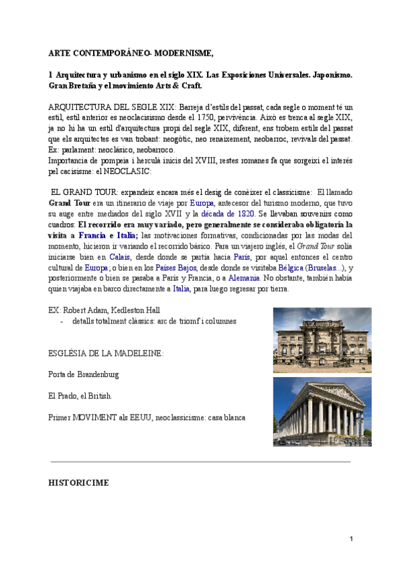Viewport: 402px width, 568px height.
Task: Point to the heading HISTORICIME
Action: [79, 482]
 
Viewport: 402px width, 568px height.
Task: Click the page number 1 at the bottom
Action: [351, 539]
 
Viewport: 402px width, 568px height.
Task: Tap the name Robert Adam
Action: [84, 310]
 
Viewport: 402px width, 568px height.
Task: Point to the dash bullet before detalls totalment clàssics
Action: [62, 321]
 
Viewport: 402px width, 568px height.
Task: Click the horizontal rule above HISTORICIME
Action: [201, 461]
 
